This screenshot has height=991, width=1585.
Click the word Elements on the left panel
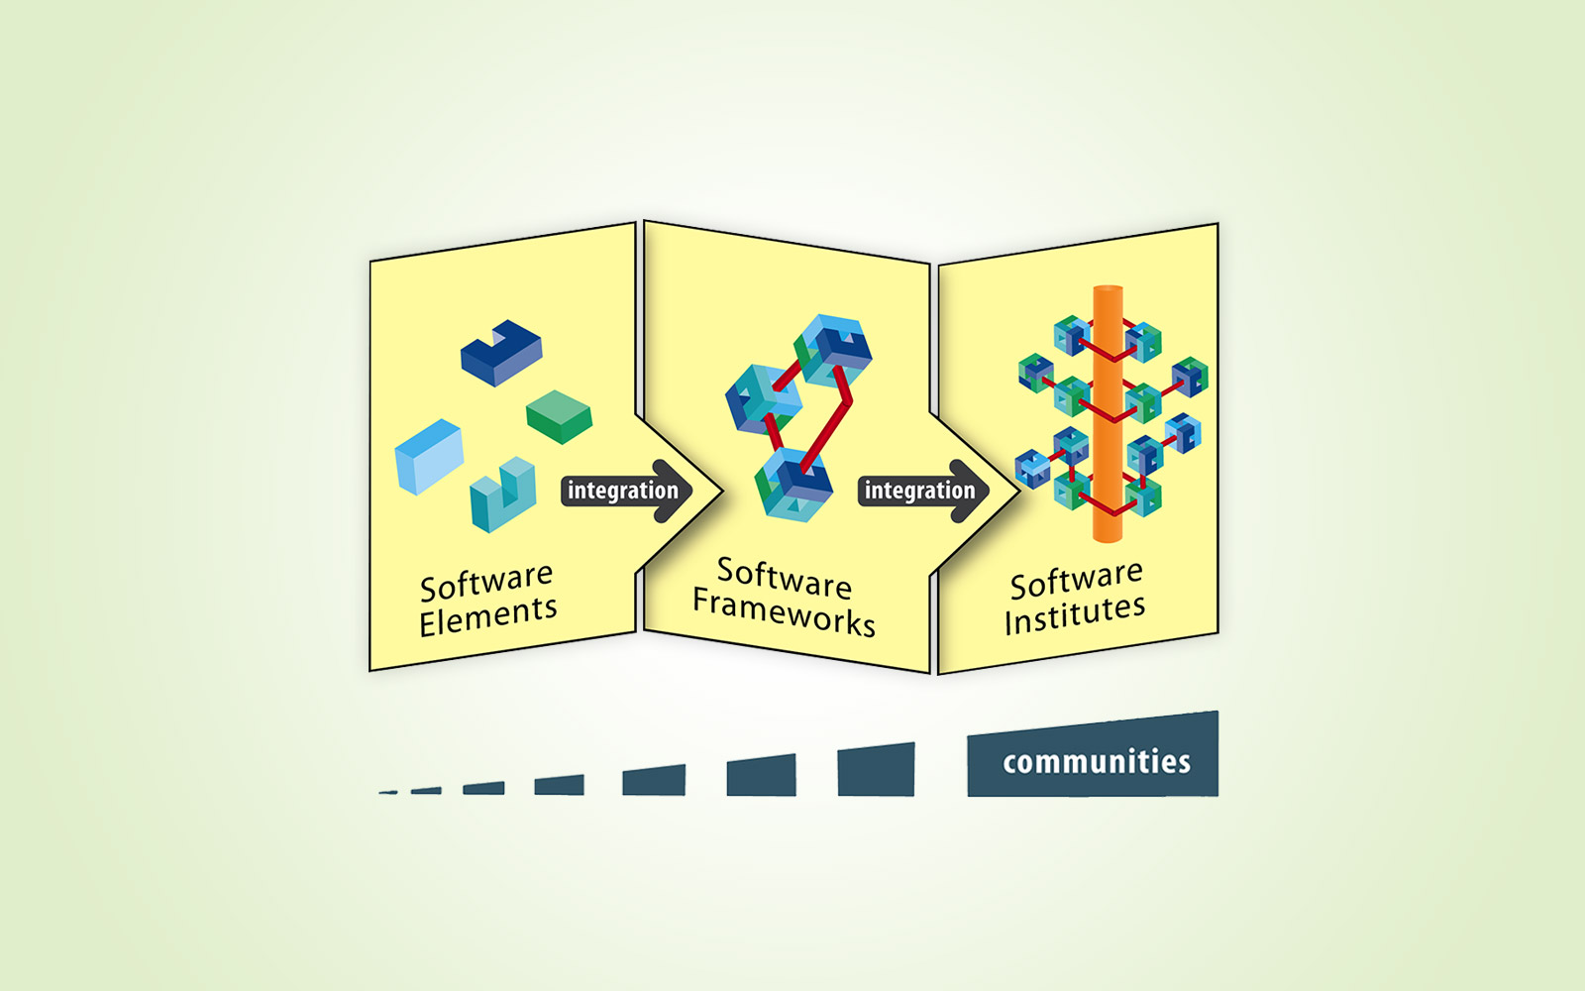click(487, 615)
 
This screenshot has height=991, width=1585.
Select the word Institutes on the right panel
click(1075, 613)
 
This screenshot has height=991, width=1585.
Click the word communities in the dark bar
click(1096, 762)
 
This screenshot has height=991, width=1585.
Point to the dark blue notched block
click(501, 352)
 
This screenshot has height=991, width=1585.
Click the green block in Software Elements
click(559, 416)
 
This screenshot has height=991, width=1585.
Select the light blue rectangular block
click(429, 456)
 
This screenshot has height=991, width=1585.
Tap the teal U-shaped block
click(503, 495)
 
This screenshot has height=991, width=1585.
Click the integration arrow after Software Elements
click(626, 491)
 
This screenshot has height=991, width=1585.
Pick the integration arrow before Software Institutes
click(923, 491)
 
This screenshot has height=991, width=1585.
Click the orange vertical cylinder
click(1108, 413)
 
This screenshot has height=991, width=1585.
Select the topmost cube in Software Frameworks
click(833, 351)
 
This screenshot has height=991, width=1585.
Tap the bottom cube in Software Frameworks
click(793, 486)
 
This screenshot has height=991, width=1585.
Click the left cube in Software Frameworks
click(764, 399)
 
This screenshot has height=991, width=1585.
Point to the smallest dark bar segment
click(387, 792)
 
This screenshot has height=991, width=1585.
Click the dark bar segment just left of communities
click(876, 769)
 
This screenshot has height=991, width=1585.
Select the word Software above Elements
click(486, 582)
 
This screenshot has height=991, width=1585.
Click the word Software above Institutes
click(1076, 579)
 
